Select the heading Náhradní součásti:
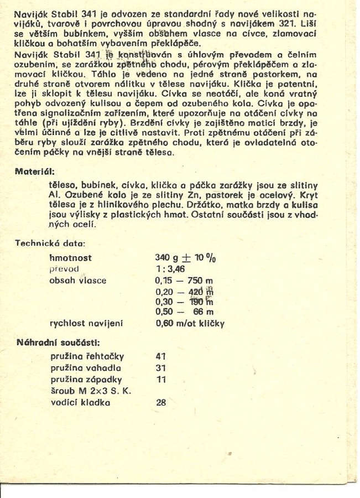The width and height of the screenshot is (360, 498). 50,343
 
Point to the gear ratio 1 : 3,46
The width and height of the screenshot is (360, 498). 171,269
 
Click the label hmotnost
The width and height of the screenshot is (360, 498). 71,258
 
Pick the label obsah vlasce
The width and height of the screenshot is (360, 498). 78,280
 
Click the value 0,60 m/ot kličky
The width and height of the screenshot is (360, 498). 190,324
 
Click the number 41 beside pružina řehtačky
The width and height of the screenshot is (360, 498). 161,357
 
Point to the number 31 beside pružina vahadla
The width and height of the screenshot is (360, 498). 161,368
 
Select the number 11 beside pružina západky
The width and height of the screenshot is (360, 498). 161,379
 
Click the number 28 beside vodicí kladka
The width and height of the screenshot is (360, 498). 161,402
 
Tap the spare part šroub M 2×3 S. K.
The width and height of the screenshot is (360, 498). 91,391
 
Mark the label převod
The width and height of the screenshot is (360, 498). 64,269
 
